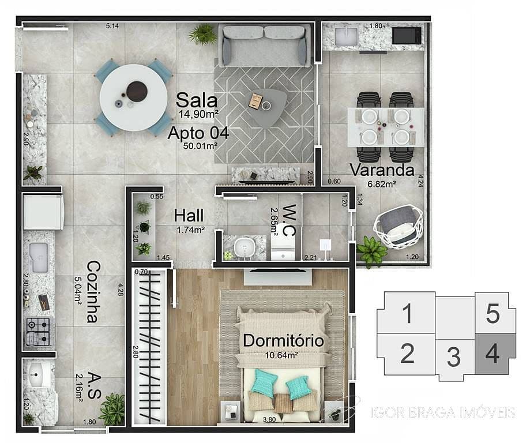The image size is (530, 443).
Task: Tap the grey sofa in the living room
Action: [x=264, y=46]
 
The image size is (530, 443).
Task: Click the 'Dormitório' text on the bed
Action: [x=283, y=340]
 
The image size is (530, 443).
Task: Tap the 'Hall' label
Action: [x=189, y=216]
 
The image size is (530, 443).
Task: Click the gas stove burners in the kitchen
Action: [x=38, y=331]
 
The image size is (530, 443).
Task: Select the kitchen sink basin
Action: [x=39, y=257]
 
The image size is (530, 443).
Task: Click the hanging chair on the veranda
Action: [x=398, y=227]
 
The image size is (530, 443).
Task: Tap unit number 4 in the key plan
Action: [x=492, y=352]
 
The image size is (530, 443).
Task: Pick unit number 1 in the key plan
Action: [x=407, y=314]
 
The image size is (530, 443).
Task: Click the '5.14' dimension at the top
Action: [x=112, y=26]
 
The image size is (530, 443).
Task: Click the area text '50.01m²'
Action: [x=200, y=146]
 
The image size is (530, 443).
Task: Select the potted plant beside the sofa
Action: [x=202, y=34]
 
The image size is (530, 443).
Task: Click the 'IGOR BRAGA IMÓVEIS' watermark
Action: [x=442, y=412]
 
